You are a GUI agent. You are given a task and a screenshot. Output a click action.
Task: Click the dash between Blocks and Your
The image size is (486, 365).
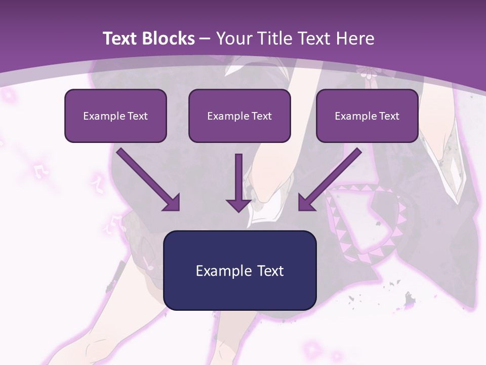click(x=205, y=39)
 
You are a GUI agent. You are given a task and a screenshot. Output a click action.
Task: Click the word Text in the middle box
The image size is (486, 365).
click(x=261, y=116)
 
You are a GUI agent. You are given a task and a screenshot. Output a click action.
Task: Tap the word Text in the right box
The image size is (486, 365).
click(x=389, y=116)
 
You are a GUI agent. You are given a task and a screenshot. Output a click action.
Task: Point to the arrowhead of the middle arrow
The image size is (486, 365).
click(x=239, y=205)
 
